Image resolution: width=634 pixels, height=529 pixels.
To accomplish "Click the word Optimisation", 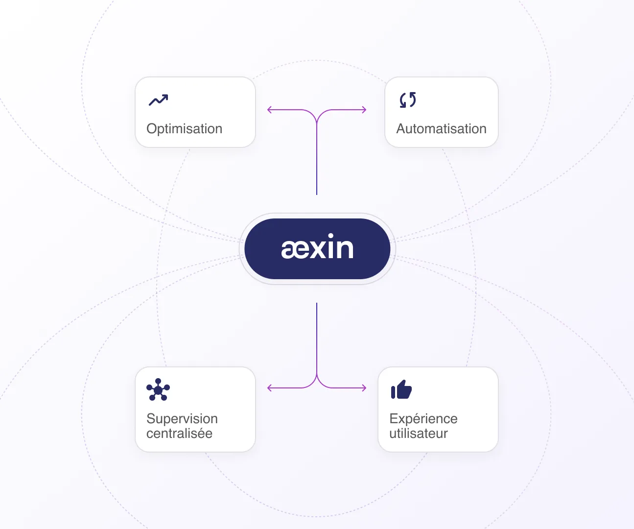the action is [x=184, y=129].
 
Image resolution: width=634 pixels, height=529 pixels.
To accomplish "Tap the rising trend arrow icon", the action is [x=158, y=100].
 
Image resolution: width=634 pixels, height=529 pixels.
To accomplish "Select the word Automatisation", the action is [x=441, y=129].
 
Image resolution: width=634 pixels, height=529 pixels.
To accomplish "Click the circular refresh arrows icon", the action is [x=408, y=100].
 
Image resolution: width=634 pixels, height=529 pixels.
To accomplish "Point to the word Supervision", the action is [x=182, y=419].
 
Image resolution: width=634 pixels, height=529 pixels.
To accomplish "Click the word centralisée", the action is [x=179, y=433].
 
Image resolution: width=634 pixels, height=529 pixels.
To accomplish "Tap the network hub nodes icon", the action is [x=158, y=390].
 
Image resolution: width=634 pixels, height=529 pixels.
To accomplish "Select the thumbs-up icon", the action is [x=401, y=390].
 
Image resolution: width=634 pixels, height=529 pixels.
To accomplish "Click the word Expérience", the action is [x=423, y=419].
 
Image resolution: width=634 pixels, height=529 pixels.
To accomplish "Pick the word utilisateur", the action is [x=419, y=433].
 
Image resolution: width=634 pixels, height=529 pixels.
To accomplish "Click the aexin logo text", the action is [x=317, y=248].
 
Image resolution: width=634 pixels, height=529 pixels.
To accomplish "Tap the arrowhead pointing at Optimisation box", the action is [x=269, y=110].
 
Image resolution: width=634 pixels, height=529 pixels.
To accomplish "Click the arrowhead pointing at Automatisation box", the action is [x=364, y=110].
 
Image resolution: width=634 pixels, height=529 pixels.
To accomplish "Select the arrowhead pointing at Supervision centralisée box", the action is [x=269, y=388].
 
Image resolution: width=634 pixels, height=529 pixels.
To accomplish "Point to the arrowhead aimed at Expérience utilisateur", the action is [x=364, y=388].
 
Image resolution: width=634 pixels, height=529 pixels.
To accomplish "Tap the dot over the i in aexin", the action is [x=330, y=237].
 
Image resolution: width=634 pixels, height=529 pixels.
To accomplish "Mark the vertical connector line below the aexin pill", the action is [x=317, y=338].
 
